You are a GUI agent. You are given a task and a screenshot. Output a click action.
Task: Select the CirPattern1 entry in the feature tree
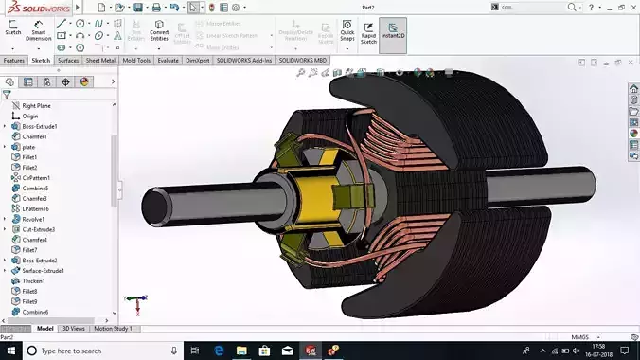[x=36, y=177]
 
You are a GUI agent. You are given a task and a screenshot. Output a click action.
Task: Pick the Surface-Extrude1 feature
[x=44, y=271]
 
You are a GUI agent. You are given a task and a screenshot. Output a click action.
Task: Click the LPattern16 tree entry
[x=37, y=208]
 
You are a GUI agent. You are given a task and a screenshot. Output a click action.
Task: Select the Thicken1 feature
[x=34, y=281]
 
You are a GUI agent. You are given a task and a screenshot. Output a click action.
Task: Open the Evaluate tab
[x=169, y=60]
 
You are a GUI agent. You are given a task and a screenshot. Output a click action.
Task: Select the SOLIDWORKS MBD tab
[x=303, y=60]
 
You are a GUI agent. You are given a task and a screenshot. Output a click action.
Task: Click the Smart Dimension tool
[x=40, y=34]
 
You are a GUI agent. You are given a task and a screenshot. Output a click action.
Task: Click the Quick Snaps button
[x=347, y=34]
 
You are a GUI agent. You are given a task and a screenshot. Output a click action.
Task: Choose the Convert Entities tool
[x=159, y=34]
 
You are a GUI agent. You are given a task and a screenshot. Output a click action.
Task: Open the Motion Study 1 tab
[x=114, y=329]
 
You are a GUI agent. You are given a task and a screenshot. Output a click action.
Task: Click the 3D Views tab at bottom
[x=73, y=329]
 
